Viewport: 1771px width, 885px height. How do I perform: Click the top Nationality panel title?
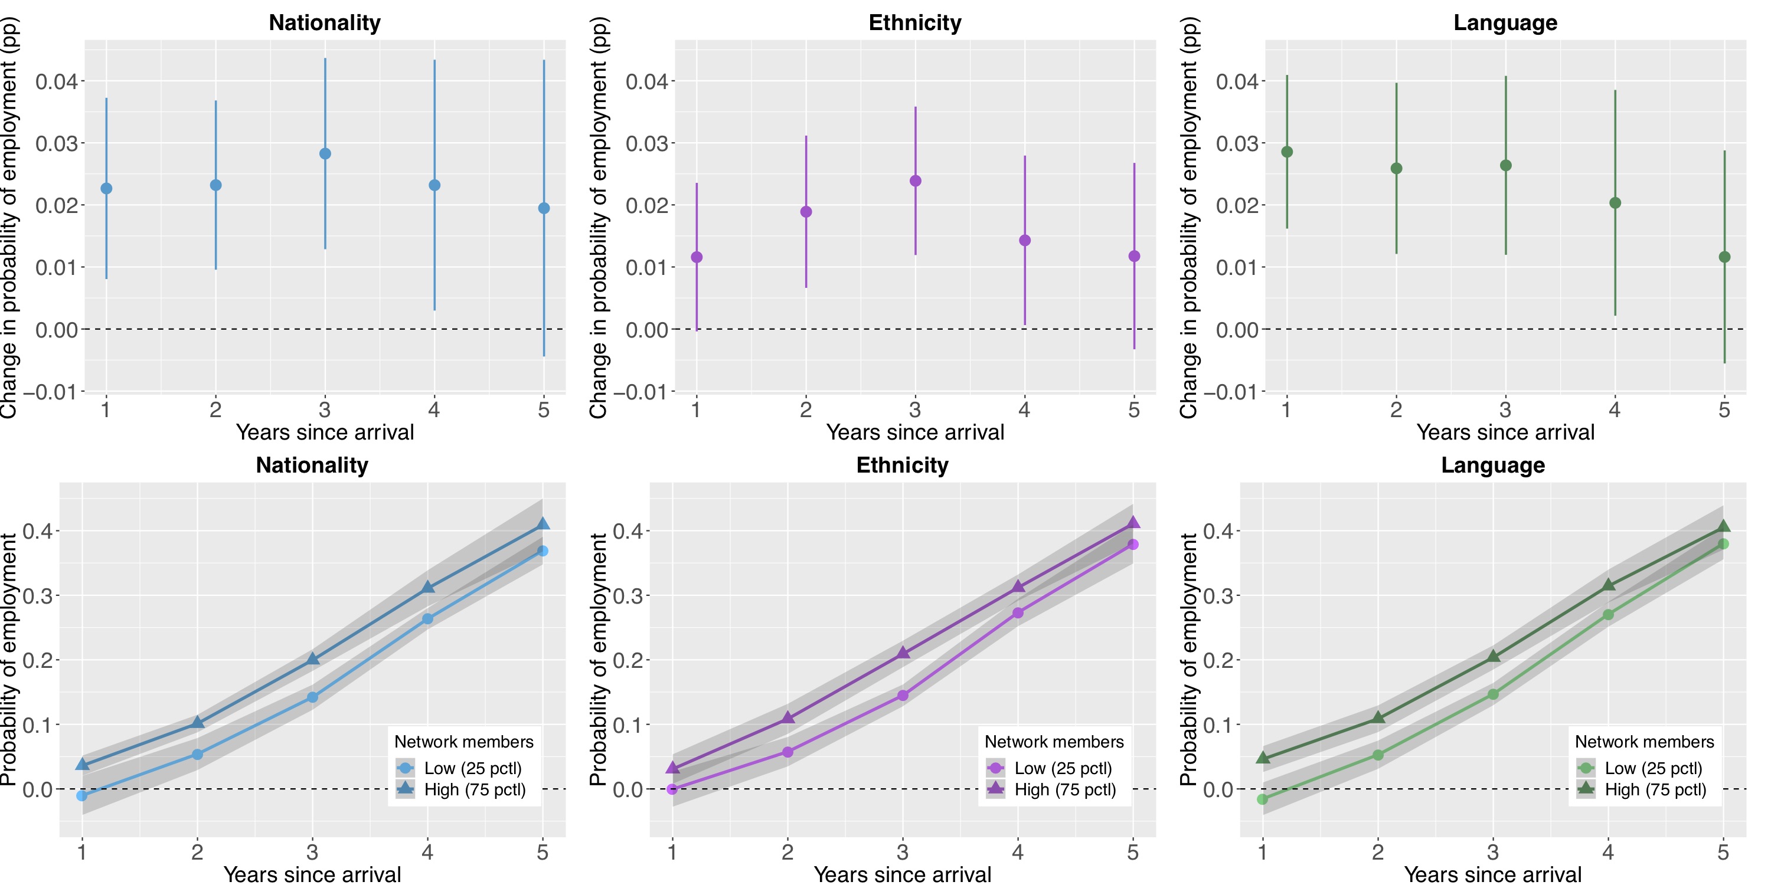325,22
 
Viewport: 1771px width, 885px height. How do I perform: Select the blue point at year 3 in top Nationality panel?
325,154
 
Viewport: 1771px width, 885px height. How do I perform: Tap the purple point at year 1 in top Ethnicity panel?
697,257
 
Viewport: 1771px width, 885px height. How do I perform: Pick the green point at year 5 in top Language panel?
1724,257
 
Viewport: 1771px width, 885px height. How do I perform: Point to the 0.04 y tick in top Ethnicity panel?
646,82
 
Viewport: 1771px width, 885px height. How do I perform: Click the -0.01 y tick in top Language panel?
1236,392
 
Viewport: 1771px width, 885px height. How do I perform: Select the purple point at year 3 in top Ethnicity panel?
915,181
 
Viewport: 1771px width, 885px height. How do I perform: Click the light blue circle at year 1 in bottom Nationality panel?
82,796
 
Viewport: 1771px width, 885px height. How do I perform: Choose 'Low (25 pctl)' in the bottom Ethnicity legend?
1063,768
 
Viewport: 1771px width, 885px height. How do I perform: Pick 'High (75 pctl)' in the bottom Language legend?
1655,789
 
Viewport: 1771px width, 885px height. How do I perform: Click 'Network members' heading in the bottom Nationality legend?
463,742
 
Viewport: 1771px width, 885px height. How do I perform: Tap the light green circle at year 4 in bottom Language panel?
1608,614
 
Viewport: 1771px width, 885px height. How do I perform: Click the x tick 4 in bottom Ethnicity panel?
1018,853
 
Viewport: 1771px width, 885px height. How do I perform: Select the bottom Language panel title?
1492,465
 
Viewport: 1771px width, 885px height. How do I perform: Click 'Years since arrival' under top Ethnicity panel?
915,432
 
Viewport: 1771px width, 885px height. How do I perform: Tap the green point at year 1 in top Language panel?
1287,152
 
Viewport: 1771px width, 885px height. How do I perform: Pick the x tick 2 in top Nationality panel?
215,410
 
